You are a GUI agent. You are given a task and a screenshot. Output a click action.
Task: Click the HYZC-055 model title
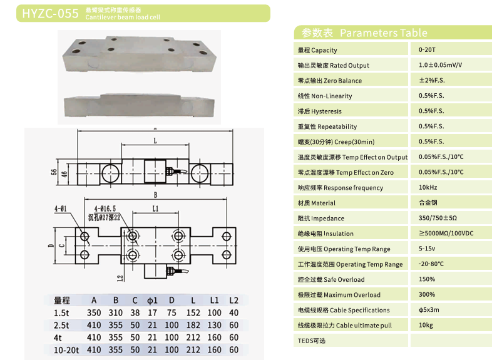coord(50,13)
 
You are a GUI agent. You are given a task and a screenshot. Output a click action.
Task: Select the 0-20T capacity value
coord(428,49)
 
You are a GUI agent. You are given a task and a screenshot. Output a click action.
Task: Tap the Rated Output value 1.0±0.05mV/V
coord(440,65)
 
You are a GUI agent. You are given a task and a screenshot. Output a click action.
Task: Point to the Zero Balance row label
coord(330,81)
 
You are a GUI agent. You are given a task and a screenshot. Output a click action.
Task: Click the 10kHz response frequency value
coord(428,188)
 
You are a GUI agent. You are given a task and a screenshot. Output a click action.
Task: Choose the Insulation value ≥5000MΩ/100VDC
coord(446,234)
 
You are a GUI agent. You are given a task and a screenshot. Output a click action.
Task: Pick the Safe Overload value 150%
coord(426,279)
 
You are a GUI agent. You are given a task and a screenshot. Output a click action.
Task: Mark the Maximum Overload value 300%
coord(426,294)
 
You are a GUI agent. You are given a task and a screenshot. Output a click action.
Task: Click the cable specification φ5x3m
coord(429,310)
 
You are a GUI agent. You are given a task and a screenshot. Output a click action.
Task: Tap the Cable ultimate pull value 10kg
coord(426,325)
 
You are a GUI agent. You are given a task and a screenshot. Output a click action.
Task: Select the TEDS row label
coord(312,341)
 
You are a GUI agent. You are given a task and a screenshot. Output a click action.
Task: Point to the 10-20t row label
coord(66,350)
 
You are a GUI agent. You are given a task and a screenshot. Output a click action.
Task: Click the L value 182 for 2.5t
coord(194,326)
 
